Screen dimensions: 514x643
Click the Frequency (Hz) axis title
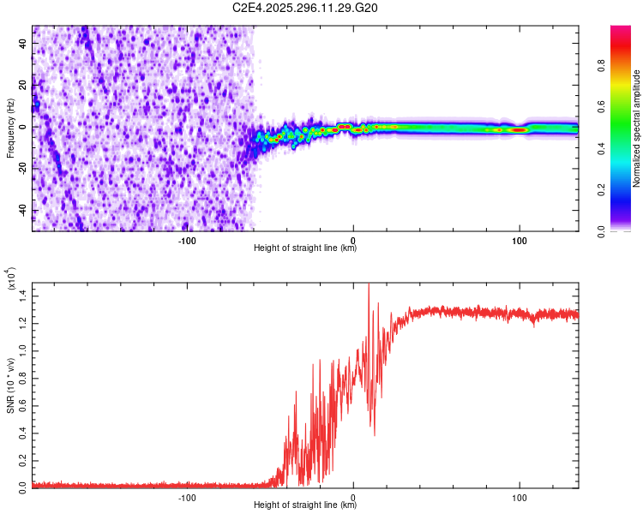click(x=10, y=128)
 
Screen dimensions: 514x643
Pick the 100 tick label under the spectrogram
click(x=519, y=239)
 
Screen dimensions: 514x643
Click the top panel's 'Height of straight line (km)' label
click(x=305, y=248)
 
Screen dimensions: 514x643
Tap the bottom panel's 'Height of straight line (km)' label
click(x=305, y=505)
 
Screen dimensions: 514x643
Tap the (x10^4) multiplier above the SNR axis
click(x=11, y=278)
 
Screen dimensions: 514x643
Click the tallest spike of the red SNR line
click(x=369, y=285)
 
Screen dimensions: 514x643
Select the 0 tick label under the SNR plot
click(x=353, y=496)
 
